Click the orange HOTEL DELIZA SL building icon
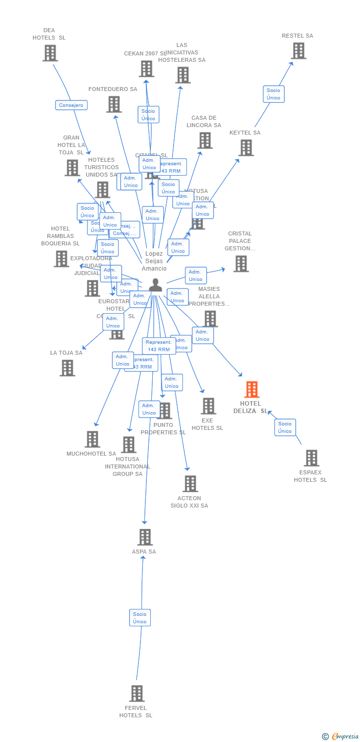(252, 390)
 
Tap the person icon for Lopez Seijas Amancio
(155, 285)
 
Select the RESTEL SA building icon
(298, 51)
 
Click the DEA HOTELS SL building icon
(50, 53)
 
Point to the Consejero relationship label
(71, 105)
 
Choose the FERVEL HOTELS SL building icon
(137, 694)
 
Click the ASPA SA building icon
(144, 537)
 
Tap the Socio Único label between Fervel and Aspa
(140, 618)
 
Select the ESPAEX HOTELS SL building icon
(311, 458)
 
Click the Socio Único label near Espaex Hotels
(285, 427)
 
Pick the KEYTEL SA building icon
(246, 147)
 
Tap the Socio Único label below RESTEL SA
(273, 94)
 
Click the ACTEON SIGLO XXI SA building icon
(190, 484)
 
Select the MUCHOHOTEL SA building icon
(92, 439)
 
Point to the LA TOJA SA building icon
(67, 368)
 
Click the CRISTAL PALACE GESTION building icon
(241, 264)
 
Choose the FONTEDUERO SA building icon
(114, 104)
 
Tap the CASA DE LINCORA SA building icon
(204, 140)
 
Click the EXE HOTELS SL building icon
(208, 406)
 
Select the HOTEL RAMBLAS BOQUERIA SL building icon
(61, 259)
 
